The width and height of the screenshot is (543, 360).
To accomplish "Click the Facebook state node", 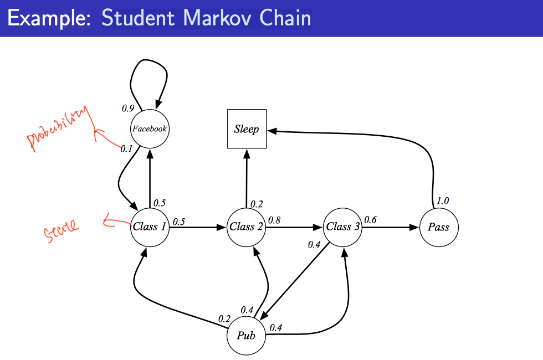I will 149,129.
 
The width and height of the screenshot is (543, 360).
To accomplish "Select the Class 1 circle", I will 149,227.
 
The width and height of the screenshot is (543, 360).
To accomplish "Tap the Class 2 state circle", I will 246,227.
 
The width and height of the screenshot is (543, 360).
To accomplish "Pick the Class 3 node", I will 342,227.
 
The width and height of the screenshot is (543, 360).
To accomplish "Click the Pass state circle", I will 438,227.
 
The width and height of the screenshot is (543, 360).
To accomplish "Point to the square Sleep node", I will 247,129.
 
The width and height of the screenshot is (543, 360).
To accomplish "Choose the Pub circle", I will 246,335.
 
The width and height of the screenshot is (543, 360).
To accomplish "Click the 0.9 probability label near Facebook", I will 128,109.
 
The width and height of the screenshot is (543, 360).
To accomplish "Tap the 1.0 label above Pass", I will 443,201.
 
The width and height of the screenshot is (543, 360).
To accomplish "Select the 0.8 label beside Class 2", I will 274,220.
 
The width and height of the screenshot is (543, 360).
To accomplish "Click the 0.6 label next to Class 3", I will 370,220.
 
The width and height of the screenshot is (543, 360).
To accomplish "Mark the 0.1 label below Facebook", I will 127,149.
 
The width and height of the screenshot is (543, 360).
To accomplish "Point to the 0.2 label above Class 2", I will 257,204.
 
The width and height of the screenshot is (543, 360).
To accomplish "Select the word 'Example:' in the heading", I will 50,18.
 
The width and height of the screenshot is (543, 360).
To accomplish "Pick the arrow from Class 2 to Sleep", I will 247,177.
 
